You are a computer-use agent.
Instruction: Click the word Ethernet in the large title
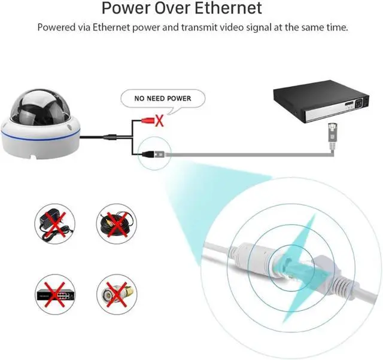[x=228, y=8]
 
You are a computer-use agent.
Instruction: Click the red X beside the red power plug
[x=160, y=121]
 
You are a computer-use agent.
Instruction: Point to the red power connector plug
[x=148, y=120]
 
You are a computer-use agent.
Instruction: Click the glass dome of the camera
[x=40, y=107]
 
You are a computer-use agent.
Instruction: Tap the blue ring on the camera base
[x=40, y=137]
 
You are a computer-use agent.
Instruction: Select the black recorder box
[x=321, y=102]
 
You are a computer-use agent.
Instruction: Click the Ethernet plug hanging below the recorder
[x=332, y=136]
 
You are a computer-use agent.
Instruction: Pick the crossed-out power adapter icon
[x=54, y=224]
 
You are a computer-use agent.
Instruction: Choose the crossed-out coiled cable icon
[x=117, y=224]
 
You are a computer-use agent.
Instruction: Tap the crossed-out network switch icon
[x=54, y=294]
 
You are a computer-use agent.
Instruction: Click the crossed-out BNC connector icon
[x=117, y=294]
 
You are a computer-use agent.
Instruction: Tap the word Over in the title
[x=172, y=8]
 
